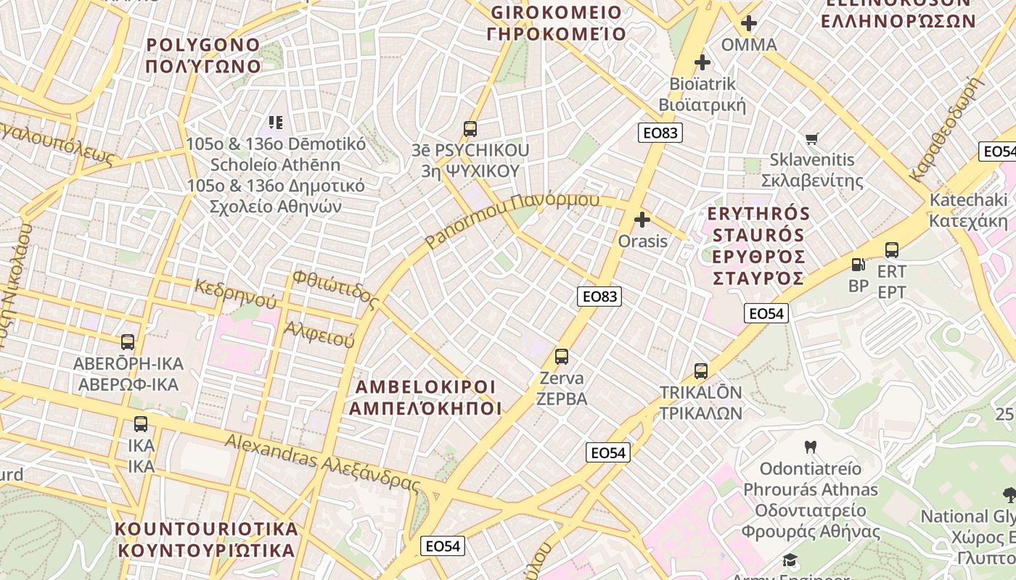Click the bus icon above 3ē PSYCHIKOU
tap(470, 129)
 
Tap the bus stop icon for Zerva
tap(561, 356)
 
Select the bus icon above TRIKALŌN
tap(700, 370)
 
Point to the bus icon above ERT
tap(892, 249)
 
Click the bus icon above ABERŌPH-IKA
tap(128, 341)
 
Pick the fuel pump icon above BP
tap(858, 265)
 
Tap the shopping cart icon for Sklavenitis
tap(812, 138)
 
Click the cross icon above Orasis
tap(642, 219)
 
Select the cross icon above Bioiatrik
tap(702, 62)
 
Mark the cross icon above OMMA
tap(749, 23)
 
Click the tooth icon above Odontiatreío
tap(811, 447)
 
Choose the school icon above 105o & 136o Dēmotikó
tap(276, 122)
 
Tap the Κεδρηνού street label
tap(236, 292)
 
